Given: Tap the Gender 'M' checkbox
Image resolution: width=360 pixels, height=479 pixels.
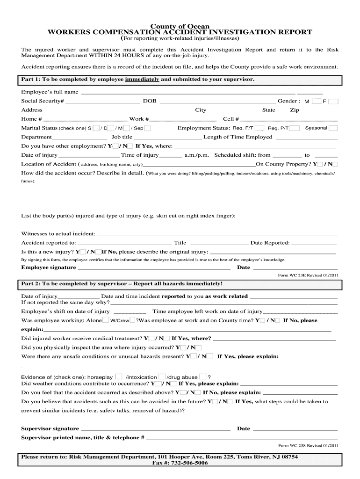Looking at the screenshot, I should click(x=317, y=101).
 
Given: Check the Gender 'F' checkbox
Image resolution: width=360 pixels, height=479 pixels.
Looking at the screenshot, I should click(x=336, y=101).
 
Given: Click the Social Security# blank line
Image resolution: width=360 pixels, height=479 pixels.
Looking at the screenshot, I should click(x=102, y=102).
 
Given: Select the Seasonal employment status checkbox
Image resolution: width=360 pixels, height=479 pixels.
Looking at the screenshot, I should click(x=333, y=128).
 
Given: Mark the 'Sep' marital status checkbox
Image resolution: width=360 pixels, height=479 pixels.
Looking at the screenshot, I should click(x=148, y=128).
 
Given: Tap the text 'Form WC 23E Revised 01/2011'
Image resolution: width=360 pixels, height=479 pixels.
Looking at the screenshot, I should click(x=308, y=276).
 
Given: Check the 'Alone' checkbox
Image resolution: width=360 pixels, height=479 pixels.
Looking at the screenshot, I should click(x=106, y=320).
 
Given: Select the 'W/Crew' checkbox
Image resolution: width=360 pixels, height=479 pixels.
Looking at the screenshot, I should click(x=133, y=320).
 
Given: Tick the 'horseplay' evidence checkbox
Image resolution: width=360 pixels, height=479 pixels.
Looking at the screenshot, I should click(x=119, y=377).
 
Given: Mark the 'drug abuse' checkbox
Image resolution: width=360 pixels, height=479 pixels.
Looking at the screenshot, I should click(x=203, y=377).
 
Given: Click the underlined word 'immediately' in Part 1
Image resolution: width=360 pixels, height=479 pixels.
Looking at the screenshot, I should click(x=142, y=80).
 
